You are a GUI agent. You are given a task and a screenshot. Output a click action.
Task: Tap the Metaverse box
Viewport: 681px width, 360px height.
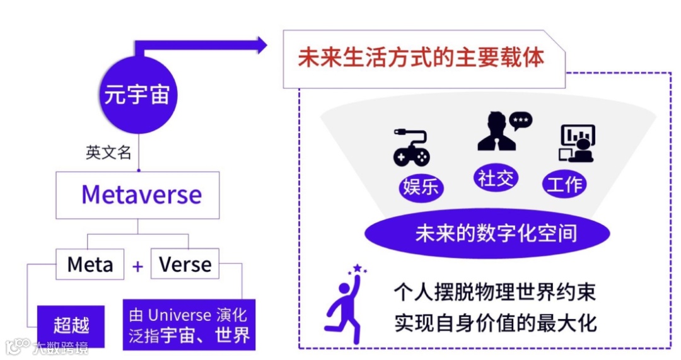(137, 195)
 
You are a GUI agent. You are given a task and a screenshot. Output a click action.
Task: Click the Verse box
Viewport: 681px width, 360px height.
(185, 264)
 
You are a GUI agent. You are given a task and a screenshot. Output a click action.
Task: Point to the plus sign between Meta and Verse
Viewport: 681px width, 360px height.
(137, 266)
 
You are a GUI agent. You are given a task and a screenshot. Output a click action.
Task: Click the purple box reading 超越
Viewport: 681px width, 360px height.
(71, 325)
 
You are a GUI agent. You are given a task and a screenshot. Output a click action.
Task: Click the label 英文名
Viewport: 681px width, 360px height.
(108, 153)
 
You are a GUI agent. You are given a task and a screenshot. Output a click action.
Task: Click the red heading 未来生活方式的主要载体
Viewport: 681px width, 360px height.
(421, 58)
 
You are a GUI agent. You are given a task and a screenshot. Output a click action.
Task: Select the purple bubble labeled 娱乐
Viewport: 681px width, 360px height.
(421, 188)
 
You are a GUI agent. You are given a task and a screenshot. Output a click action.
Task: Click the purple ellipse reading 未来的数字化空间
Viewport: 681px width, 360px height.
(487, 233)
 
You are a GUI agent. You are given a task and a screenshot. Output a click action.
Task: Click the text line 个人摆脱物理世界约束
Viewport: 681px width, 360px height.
(495, 293)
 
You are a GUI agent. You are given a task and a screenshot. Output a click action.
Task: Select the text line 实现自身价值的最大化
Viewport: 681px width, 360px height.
(495, 323)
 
